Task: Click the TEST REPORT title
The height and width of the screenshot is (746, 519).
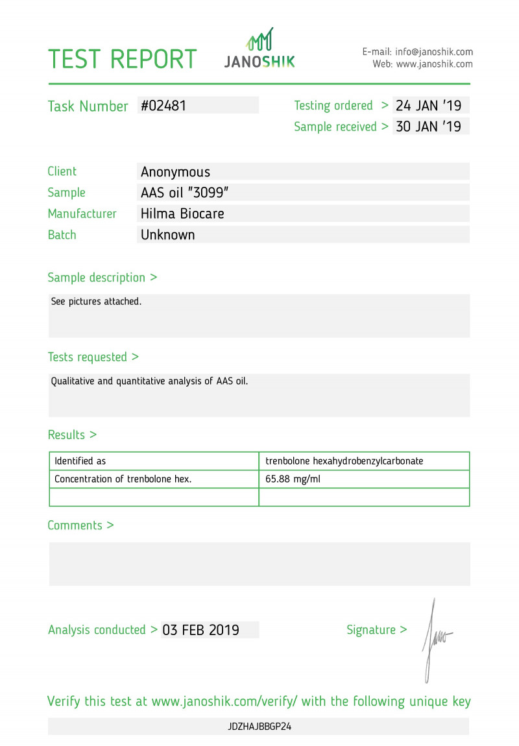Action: (x=122, y=59)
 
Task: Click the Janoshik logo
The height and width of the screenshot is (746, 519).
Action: (x=259, y=49)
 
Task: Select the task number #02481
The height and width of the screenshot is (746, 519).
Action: (x=163, y=106)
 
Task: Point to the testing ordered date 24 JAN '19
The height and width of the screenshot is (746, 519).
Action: (x=428, y=106)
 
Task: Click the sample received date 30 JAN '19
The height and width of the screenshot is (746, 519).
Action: (x=428, y=126)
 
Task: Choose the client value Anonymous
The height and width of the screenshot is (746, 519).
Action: (x=175, y=172)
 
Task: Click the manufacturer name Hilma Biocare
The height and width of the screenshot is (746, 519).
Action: (x=182, y=213)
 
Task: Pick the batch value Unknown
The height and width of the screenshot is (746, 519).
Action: (x=167, y=235)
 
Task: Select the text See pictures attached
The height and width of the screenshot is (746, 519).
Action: (x=96, y=302)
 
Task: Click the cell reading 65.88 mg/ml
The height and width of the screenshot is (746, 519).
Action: (x=293, y=479)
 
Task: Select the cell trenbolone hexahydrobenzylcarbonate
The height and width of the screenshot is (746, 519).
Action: (x=344, y=461)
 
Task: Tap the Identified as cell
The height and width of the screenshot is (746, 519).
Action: (x=80, y=461)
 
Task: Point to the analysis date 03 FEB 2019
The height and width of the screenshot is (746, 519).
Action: (x=200, y=630)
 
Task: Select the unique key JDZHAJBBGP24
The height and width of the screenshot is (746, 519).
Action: (x=259, y=727)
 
